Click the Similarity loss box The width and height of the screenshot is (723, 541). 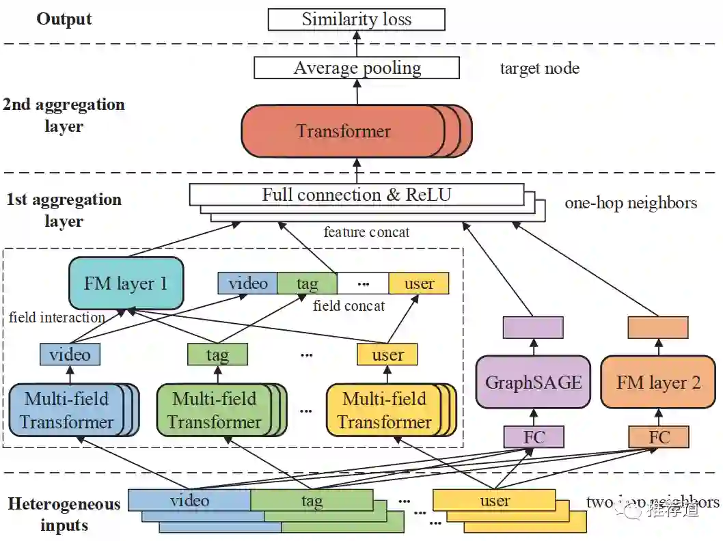(356, 19)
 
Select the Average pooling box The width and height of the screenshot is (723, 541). (356, 68)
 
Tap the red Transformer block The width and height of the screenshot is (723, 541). (343, 131)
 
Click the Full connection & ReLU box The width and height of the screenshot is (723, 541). (356, 195)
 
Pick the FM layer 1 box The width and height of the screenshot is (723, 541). (126, 283)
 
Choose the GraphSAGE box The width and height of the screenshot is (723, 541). (533, 382)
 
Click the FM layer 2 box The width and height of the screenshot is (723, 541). (658, 382)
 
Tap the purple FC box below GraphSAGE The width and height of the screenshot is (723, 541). (533, 436)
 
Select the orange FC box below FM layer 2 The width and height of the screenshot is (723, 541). (658, 436)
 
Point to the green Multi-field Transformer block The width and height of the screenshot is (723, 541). (214, 410)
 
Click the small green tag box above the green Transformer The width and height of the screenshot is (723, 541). (217, 355)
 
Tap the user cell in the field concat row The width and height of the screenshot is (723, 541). (419, 283)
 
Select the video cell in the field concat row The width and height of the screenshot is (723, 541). (247, 283)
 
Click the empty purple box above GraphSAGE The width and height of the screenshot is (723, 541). (533, 327)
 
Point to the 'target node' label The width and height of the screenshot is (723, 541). (539, 68)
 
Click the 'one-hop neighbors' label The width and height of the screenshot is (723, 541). (631, 203)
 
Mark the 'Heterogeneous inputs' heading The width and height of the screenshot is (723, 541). (64, 514)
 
